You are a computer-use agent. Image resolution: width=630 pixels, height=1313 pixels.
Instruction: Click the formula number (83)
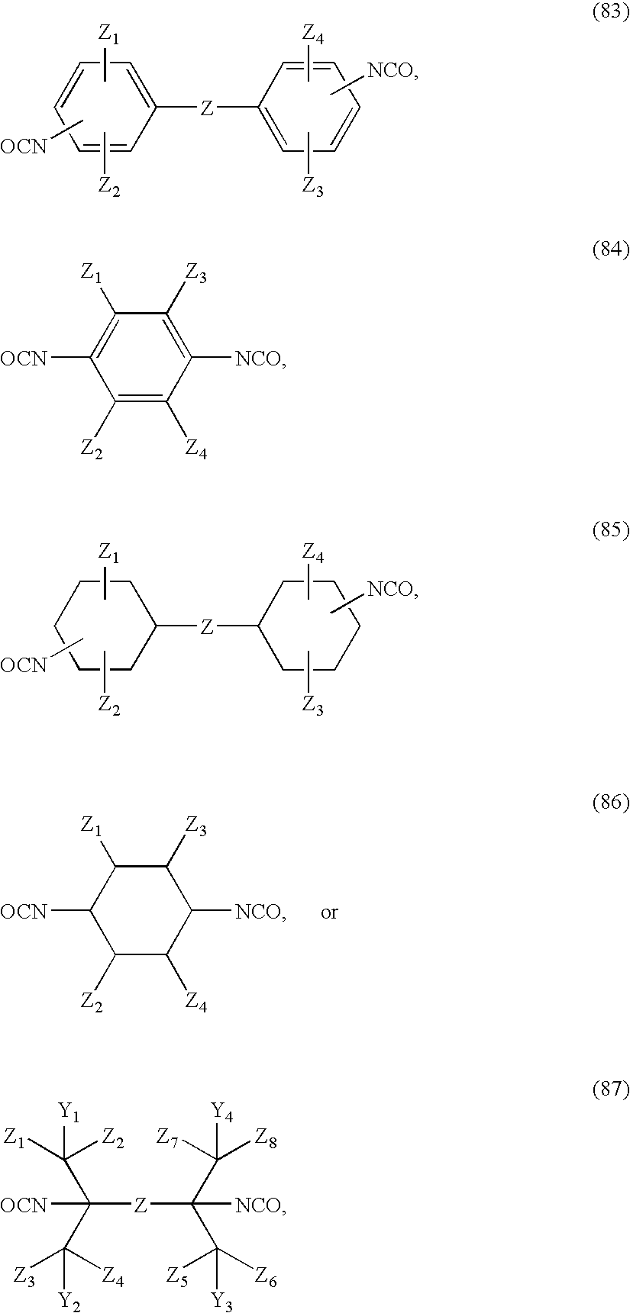pos(611,16)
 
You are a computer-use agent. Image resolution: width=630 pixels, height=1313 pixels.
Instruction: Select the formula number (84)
pos(611,249)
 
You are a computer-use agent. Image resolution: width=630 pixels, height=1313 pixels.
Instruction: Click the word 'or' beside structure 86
pos(329,912)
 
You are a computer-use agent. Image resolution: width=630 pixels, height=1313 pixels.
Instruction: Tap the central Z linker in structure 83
pos(206,110)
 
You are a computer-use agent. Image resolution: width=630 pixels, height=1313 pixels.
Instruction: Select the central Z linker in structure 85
pos(206,627)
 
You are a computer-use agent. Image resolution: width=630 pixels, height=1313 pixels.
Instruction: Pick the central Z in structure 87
pos(141,1205)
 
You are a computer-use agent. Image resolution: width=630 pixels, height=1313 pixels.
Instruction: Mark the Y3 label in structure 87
pos(222,1299)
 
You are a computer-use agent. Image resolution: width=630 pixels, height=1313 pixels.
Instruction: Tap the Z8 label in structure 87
pos(267,1142)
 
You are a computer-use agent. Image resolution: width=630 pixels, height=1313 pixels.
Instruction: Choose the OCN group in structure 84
pos(24,358)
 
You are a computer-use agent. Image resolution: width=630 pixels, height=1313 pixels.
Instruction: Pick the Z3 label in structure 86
pos(196,828)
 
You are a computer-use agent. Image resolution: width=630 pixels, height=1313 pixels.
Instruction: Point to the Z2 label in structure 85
pos(109,705)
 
